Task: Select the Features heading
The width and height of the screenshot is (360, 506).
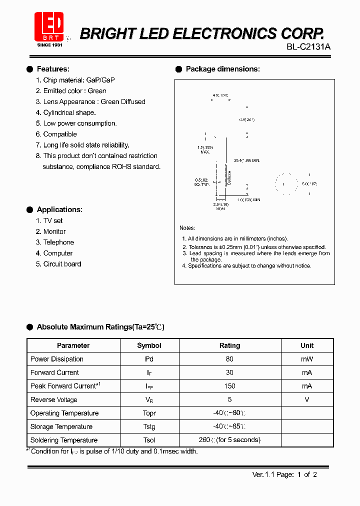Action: click(53, 69)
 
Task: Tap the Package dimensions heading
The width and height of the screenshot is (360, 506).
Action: click(222, 69)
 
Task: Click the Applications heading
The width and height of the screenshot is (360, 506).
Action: click(59, 209)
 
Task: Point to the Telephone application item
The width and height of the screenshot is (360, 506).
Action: click(58, 242)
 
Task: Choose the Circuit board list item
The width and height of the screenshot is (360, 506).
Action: click(62, 264)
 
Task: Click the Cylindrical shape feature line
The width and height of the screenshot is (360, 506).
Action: click(69, 112)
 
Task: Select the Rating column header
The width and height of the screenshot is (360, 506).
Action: click(229, 345)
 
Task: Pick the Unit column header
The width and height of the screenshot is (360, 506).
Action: click(307, 345)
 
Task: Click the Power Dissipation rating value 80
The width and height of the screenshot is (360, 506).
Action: click(229, 359)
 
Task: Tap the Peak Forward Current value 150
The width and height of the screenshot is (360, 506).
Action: click(229, 386)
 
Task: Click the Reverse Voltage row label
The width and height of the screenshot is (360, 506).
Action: click(54, 399)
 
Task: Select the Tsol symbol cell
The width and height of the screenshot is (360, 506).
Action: click(149, 440)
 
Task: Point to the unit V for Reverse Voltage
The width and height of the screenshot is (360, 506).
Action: click(307, 399)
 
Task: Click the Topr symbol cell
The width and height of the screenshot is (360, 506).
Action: click(149, 413)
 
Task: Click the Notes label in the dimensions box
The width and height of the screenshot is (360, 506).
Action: click(187, 228)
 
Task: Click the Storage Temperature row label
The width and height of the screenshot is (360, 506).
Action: click(61, 426)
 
